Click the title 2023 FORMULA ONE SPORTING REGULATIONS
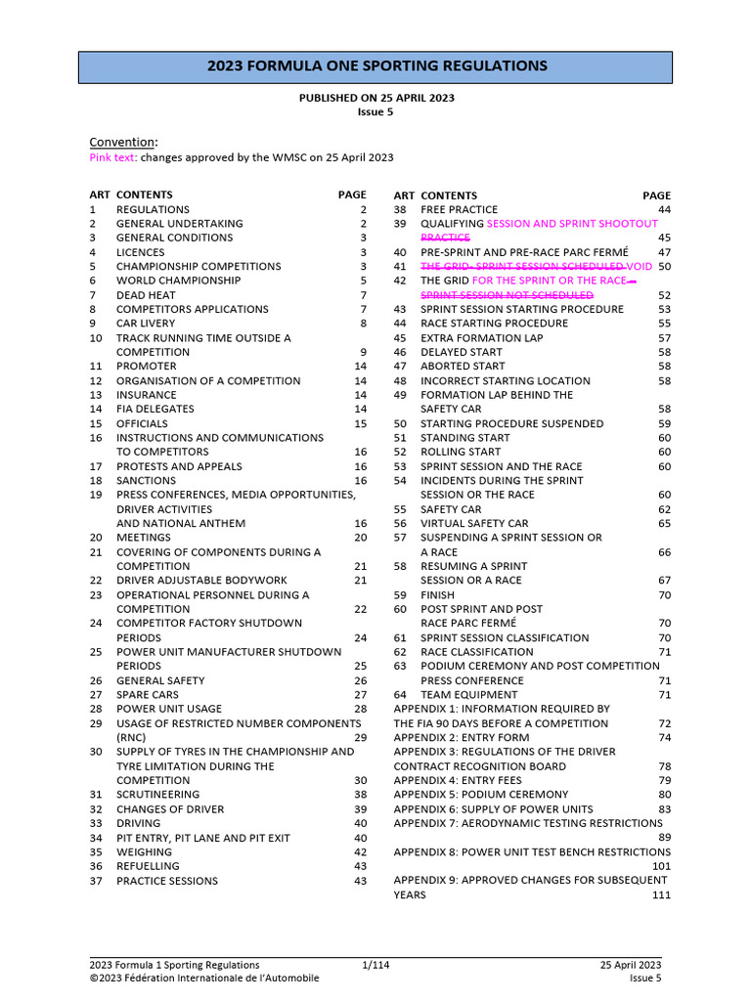pos(375,66)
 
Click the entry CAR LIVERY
pos(146,324)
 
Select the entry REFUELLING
pos(148,866)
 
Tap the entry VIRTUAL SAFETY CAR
pos(474,523)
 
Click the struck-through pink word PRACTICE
pos(445,238)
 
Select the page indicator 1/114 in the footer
pos(375,965)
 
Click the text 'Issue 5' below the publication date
pos(375,112)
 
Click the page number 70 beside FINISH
pos(664,594)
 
